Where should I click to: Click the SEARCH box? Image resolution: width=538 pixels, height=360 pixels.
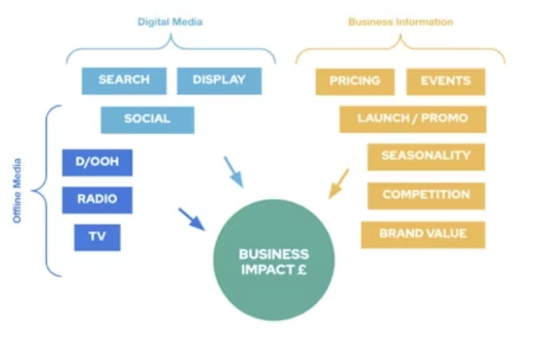point(124,80)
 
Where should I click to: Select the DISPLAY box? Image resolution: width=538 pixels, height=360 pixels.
point(220,80)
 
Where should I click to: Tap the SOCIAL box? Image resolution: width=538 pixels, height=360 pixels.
point(148,120)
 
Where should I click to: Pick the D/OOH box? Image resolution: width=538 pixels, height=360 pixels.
point(97,162)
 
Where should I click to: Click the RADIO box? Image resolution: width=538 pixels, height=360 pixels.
point(97,200)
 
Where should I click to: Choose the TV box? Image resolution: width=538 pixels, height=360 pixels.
point(97,237)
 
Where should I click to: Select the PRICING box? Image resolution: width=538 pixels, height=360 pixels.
point(355,82)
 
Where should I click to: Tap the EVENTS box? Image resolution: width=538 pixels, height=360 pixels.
point(446,82)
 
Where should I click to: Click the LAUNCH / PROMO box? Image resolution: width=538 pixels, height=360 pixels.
point(413,119)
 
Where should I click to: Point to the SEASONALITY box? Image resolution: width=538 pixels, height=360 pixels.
point(426,157)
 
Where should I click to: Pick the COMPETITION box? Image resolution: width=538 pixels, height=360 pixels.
point(426,196)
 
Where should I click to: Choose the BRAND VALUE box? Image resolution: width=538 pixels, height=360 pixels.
point(423,235)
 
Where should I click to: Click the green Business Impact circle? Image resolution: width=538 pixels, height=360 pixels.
point(274,260)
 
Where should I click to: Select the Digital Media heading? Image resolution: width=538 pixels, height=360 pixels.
point(170,22)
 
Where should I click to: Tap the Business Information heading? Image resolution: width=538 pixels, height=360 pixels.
point(400,22)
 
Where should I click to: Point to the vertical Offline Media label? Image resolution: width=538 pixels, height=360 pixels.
point(17,191)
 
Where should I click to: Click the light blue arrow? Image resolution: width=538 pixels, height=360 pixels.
point(233,172)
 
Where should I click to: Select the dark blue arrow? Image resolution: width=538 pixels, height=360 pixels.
point(191,220)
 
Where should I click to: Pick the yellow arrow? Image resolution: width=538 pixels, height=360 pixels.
point(339,184)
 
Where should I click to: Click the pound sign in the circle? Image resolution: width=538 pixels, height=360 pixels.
point(301,270)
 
